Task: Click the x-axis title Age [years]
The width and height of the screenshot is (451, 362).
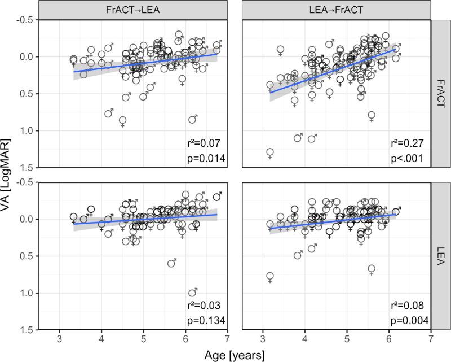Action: (x=235, y=354)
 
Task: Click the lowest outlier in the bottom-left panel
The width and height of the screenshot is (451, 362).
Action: (x=192, y=293)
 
